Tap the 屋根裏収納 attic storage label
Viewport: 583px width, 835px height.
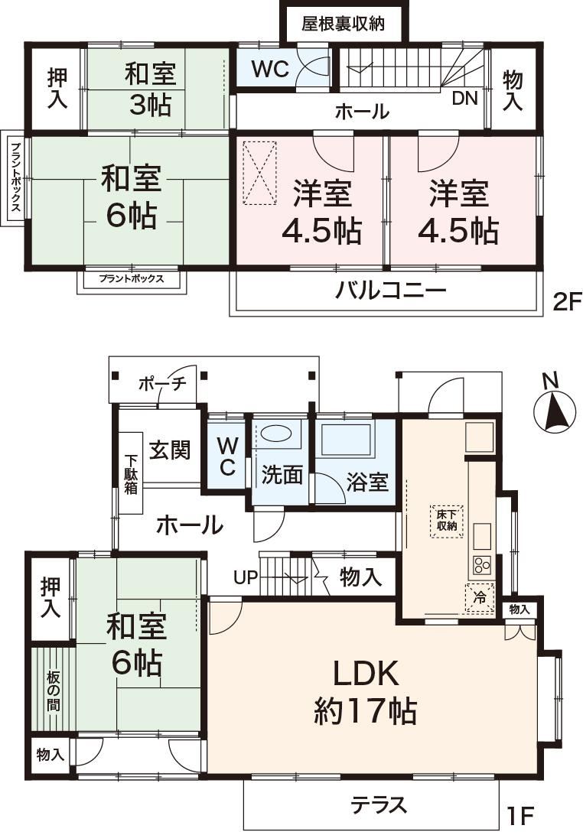tap(343, 24)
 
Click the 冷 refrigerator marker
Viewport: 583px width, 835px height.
tap(480, 597)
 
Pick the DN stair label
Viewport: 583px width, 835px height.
tap(464, 98)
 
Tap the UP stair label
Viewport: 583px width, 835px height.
tap(245, 577)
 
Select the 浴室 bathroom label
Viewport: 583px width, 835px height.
tap(367, 482)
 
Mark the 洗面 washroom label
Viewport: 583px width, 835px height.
tap(282, 475)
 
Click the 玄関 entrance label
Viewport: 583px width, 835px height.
tap(169, 450)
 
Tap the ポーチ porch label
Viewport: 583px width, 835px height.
tap(162, 383)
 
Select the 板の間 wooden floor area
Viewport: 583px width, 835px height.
tap(53, 690)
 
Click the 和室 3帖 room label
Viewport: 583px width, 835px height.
tap(150, 89)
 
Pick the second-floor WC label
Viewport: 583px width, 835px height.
tap(269, 69)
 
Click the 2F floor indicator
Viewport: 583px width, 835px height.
tap(565, 303)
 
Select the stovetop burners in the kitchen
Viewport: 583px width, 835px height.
tap(480, 566)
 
